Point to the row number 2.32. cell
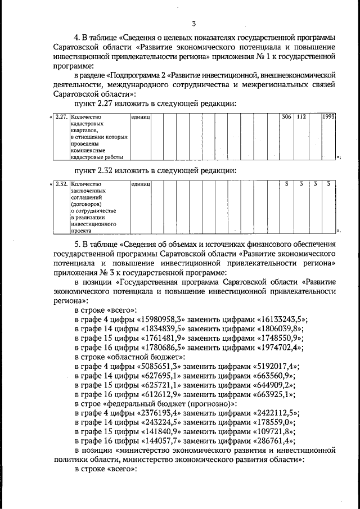(61, 184)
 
